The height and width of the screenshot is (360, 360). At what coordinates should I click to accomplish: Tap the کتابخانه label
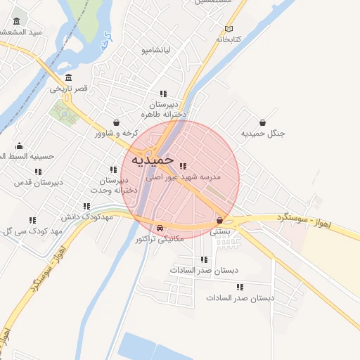[x=228, y=39]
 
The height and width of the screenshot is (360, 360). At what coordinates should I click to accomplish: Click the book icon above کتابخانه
[x=229, y=29]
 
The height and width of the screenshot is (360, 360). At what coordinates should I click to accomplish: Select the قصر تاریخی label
[x=68, y=89]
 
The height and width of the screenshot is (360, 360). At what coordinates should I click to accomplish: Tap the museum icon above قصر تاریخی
[x=68, y=77]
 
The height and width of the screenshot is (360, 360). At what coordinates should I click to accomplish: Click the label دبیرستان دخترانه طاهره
[x=163, y=108]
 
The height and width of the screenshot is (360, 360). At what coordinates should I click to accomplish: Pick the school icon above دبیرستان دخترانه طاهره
[x=163, y=93]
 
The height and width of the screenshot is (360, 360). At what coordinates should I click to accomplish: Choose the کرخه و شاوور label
[x=117, y=133]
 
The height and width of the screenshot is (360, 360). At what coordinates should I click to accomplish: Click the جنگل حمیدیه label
[x=262, y=133]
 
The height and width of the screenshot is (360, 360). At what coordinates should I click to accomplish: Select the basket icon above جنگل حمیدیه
[x=262, y=122]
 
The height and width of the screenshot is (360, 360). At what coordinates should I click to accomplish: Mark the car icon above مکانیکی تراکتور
[x=160, y=228]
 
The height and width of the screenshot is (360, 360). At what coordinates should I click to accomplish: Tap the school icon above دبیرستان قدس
[x=38, y=171]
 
